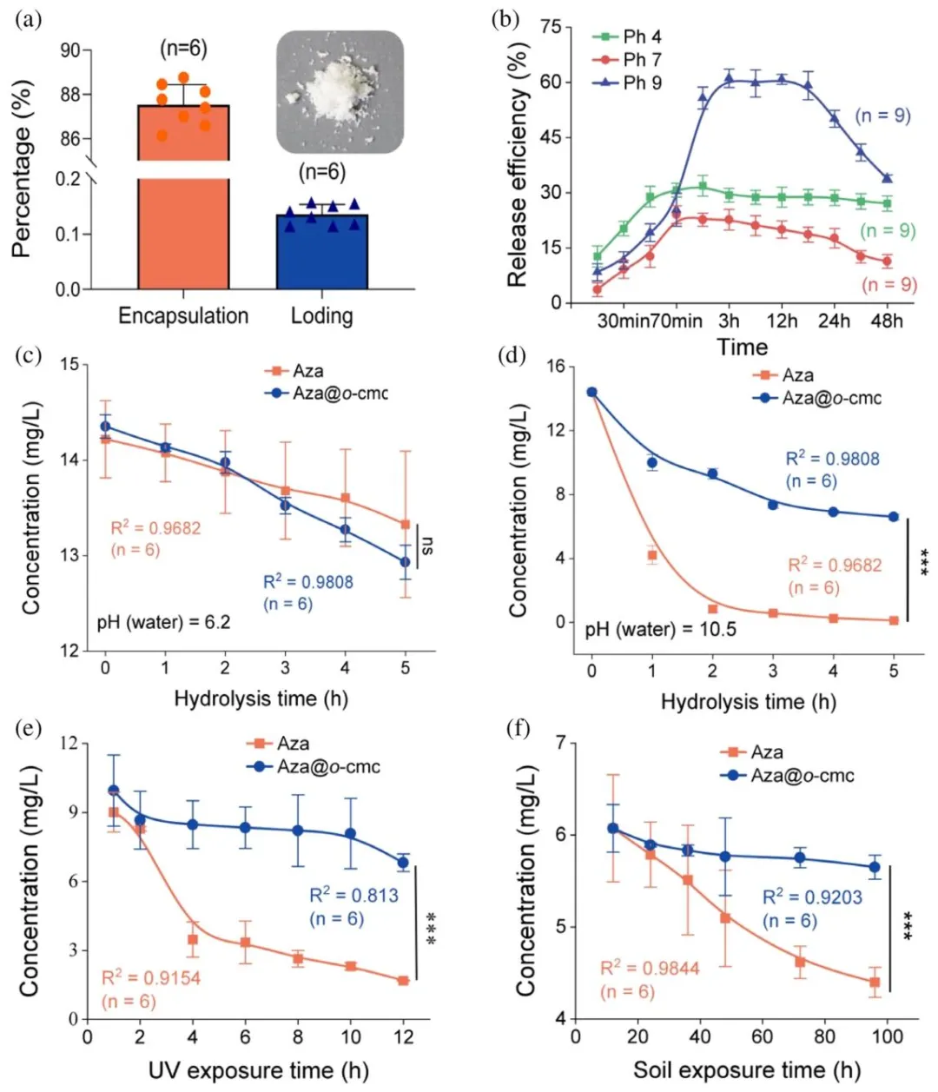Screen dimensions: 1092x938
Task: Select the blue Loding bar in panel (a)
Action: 321,252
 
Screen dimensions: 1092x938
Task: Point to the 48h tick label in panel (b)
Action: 887,321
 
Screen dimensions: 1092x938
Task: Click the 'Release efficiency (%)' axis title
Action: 518,168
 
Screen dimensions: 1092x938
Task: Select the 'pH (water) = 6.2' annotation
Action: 163,622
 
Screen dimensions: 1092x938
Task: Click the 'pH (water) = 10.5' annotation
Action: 660,628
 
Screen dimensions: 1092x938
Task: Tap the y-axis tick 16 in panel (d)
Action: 559,367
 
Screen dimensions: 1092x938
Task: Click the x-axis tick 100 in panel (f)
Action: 886,1036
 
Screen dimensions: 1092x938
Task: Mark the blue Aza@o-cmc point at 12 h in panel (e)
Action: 402,863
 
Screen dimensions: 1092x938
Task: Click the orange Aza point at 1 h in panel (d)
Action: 652,555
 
